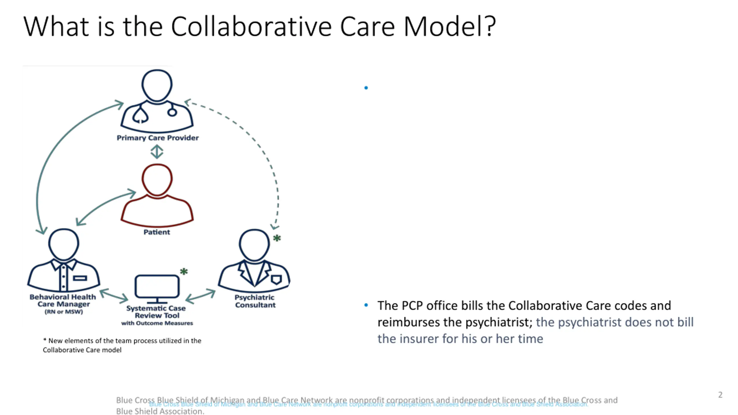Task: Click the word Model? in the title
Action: (450, 27)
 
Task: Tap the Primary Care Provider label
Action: (157, 138)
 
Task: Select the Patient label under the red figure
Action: (157, 232)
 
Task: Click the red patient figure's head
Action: (157, 179)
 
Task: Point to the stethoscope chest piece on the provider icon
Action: (172, 112)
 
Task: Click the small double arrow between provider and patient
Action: (157, 152)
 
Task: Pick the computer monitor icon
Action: (157, 286)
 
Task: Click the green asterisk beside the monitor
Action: (184, 271)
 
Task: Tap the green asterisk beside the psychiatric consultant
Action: (277, 238)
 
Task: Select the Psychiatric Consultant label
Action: (255, 301)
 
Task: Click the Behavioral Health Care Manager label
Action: (63, 300)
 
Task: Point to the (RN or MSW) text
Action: (64, 312)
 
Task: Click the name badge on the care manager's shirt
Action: (80, 278)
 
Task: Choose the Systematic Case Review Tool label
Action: (156, 312)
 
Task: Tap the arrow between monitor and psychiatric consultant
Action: (200, 296)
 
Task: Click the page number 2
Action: (720, 395)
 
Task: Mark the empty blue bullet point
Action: (366, 88)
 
